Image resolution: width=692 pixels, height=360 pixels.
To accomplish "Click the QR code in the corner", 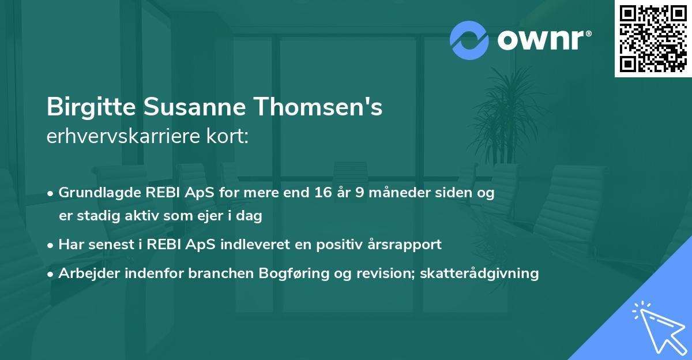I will coord(653,39).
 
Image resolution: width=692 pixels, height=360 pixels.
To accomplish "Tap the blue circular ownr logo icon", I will coord(469,40).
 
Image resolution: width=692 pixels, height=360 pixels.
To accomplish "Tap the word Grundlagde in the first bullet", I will coord(95,193).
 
